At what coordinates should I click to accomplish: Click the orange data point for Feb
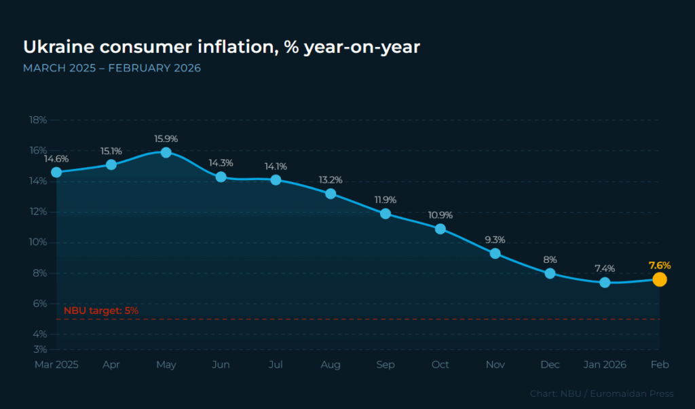click(x=659, y=279)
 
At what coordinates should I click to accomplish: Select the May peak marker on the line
click(x=166, y=152)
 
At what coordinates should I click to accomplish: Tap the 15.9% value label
click(x=166, y=139)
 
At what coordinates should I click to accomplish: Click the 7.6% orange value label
click(x=659, y=265)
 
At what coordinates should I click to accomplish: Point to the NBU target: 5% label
click(x=101, y=310)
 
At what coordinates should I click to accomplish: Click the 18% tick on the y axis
click(x=38, y=120)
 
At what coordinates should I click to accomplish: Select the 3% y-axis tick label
click(x=40, y=349)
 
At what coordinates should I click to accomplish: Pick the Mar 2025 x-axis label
click(x=56, y=365)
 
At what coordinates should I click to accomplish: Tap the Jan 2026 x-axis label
click(x=605, y=365)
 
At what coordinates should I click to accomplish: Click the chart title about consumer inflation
click(x=221, y=47)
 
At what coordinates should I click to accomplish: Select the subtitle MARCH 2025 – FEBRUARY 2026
click(x=112, y=69)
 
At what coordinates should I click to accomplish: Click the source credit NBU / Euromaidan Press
click(x=602, y=393)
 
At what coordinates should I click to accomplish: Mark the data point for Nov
click(x=495, y=253)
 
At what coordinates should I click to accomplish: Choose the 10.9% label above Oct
click(x=440, y=215)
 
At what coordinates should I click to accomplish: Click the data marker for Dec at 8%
click(x=550, y=273)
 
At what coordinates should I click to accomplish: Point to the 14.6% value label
click(x=56, y=158)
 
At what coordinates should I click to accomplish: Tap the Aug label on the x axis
click(x=331, y=365)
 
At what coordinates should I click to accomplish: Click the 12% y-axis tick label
click(x=38, y=211)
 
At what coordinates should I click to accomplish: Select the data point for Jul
click(x=276, y=180)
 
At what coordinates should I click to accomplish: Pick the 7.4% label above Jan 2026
click(x=605, y=268)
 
